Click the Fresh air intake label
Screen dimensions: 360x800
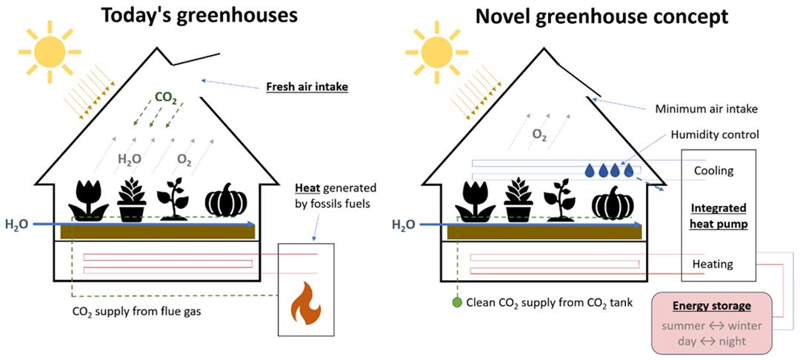point(307,88)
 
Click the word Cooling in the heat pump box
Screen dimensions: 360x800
point(713,170)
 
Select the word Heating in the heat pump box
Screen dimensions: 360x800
point(713,264)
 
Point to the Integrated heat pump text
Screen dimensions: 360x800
point(719,216)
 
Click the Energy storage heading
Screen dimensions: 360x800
point(711,306)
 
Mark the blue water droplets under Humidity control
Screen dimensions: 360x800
point(610,170)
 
